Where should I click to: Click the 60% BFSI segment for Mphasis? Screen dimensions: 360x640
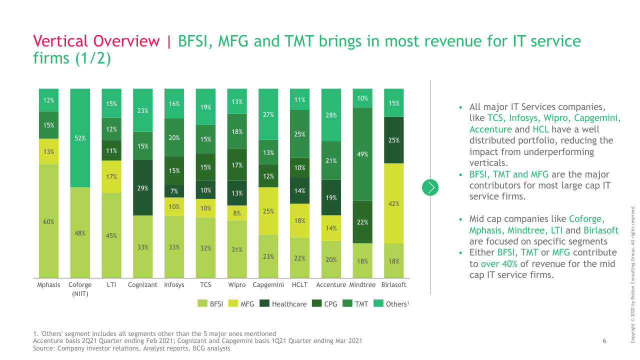[48, 221]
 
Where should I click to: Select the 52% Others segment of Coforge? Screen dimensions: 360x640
[80, 138]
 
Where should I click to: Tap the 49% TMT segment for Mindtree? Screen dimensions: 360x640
[362, 154]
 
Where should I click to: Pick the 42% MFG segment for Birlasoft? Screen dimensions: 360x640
[393, 203]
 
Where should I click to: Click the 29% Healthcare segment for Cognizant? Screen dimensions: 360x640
[143, 187]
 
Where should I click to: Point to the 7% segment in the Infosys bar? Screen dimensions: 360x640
[174, 191]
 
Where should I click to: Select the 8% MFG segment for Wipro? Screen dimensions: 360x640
[237, 213]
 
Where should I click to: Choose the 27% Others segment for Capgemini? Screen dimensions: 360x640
[268, 114]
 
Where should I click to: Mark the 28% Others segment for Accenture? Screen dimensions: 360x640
[331, 115]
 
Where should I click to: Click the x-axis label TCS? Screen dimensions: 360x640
[205, 285]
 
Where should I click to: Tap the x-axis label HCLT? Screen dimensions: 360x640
[299, 285]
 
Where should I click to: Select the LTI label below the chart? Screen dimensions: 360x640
[111, 285]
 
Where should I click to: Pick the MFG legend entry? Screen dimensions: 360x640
[241, 303]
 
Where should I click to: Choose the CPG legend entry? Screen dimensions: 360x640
[325, 303]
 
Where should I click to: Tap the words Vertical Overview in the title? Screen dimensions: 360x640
[96, 41]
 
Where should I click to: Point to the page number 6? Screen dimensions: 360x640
[604, 341]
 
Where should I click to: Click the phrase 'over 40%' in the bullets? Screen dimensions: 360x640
[499, 263]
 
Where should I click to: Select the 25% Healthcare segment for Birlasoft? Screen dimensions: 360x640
[393, 140]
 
